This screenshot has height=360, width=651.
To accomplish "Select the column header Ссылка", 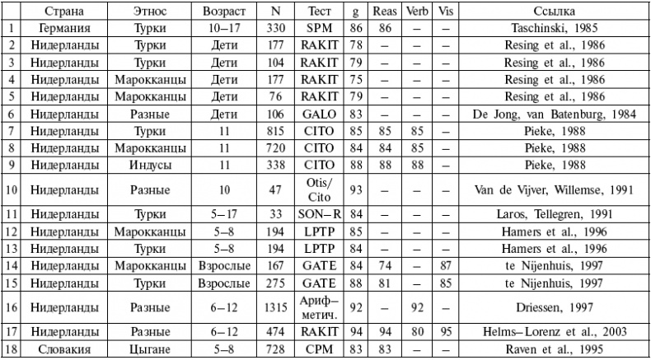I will [553, 12].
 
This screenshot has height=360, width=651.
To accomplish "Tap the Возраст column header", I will [225, 12].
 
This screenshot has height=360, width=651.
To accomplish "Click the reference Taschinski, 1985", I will [553, 27].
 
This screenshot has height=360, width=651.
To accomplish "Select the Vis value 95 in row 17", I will [446, 334].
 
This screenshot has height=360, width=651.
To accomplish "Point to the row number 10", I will [11, 189].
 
